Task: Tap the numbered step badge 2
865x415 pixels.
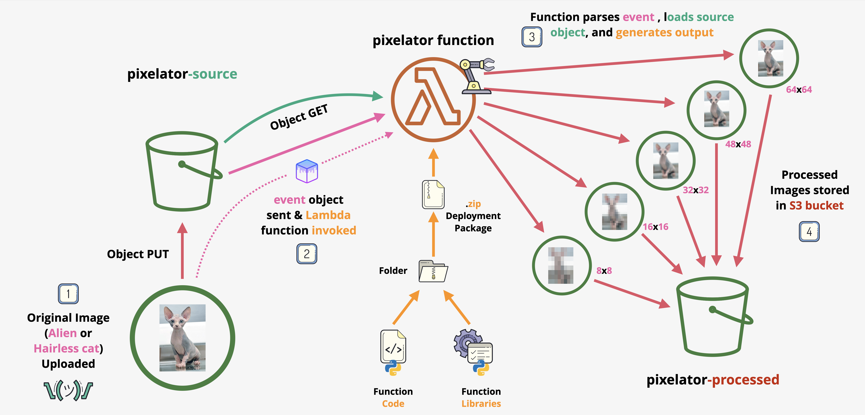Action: (x=307, y=254)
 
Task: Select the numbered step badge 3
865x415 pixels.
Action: (x=532, y=37)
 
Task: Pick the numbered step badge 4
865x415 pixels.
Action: (x=809, y=232)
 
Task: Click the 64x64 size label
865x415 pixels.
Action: (x=799, y=90)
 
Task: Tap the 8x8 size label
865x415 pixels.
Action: (x=604, y=271)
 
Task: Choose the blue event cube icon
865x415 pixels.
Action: (x=307, y=171)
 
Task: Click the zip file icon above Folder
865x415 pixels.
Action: (x=433, y=195)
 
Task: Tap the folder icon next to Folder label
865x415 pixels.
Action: (x=433, y=271)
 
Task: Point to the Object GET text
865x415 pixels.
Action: (x=299, y=117)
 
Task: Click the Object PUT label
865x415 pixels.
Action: (x=138, y=254)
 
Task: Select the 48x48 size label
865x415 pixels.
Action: (x=738, y=144)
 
